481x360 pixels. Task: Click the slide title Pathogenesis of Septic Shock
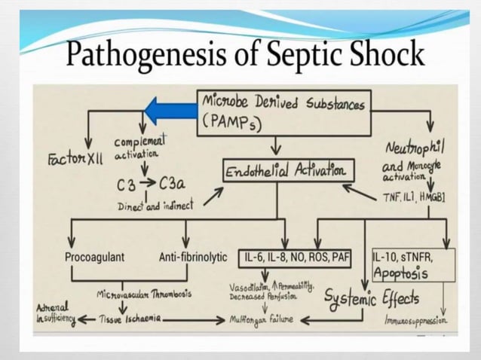(245, 54)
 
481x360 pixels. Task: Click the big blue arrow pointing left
(169, 112)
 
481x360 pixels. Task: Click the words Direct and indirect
(155, 205)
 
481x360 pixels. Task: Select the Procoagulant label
(94, 257)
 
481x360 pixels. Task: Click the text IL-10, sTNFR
(403, 257)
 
